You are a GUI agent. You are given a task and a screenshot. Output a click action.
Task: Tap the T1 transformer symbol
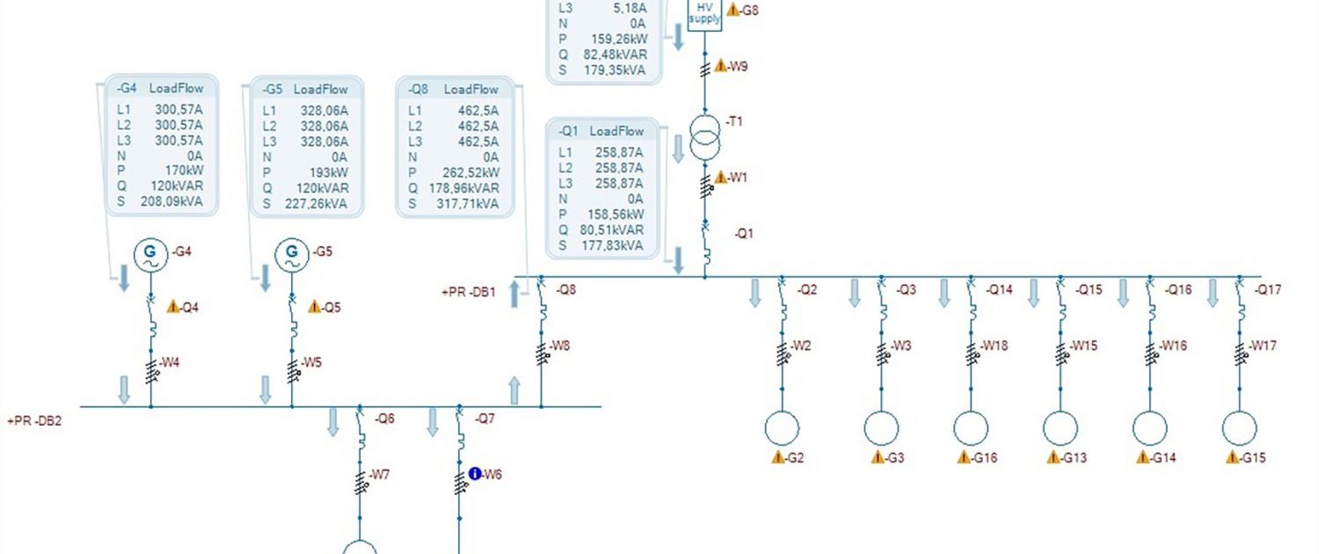[x=705, y=137]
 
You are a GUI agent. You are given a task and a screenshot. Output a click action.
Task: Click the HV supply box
[x=705, y=14]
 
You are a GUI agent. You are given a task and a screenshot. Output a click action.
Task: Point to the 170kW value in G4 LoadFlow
[x=185, y=171]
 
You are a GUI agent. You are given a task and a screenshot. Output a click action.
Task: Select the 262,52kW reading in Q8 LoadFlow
[x=471, y=172]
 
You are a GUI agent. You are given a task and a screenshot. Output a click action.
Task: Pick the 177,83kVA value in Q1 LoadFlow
[x=612, y=245]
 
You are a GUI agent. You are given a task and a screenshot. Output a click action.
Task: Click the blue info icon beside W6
[x=475, y=473]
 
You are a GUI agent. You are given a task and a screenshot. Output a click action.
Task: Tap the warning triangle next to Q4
[x=172, y=306]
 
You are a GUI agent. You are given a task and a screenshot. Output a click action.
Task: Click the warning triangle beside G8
[x=732, y=10]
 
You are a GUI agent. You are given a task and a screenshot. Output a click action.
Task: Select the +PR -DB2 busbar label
[x=34, y=421]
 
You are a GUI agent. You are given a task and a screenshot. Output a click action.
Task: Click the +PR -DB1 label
[x=469, y=292]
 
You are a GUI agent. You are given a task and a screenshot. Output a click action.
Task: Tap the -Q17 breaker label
[x=1267, y=289]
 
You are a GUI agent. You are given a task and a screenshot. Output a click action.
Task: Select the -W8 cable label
[x=559, y=346]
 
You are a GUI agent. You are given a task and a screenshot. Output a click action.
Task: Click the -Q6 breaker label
[x=384, y=419]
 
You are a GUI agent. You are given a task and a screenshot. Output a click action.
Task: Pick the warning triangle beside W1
[x=721, y=177]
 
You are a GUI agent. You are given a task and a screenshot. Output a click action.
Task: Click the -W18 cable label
[x=994, y=346]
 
